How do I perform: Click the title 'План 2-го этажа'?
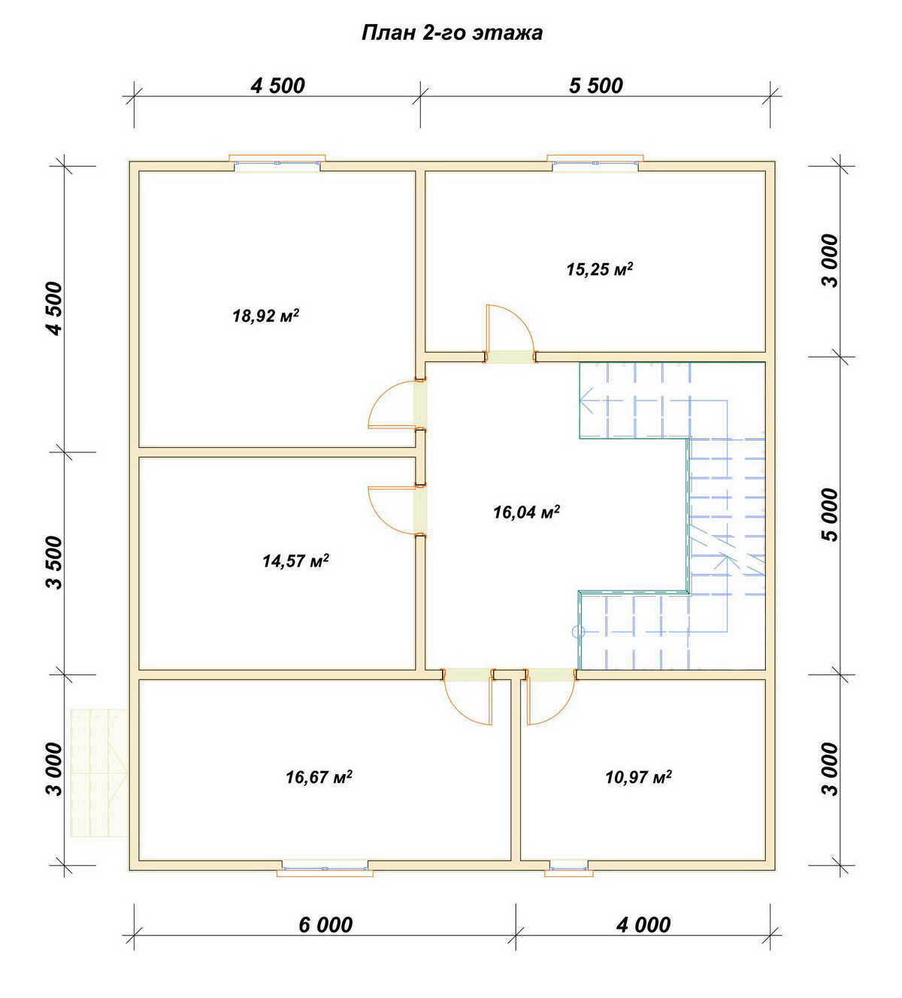tap(452, 33)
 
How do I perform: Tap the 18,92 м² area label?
tap(266, 316)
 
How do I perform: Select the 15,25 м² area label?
tap(599, 269)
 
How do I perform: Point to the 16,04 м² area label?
tap(526, 512)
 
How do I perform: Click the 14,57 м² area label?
tap(295, 561)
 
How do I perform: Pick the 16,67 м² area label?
tap(319, 776)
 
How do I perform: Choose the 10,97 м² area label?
tap(638, 776)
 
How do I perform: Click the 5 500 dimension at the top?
tap(596, 86)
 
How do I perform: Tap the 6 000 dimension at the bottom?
tap(325, 925)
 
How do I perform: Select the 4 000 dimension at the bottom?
tap(643, 925)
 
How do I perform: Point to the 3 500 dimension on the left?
tap(56, 563)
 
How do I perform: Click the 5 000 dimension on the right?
tap(830, 515)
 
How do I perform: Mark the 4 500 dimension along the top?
tap(277, 86)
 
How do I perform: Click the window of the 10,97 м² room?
tap(568, 868)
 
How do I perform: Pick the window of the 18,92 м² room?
tap(277, 162)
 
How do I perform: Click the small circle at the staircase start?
tap(578, 632)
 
